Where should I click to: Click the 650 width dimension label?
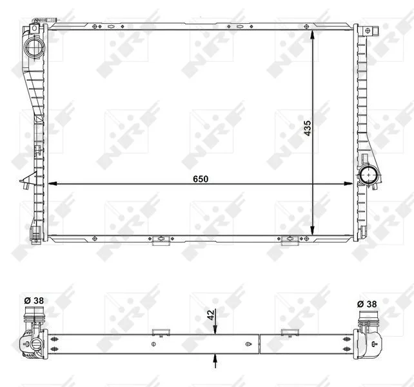201,179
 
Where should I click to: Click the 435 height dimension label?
308,128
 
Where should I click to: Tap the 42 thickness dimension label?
211,315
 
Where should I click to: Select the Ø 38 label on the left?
34,301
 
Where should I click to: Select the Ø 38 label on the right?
367,304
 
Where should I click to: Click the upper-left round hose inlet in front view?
34,48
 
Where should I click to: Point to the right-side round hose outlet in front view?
368,175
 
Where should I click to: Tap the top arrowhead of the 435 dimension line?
312,35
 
